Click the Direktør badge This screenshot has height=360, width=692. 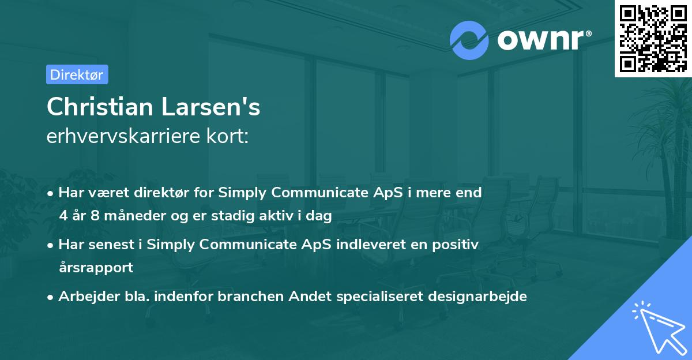coord(77,74)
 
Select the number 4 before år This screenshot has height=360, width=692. coord(63,216)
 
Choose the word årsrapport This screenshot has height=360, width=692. coord(96,268)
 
